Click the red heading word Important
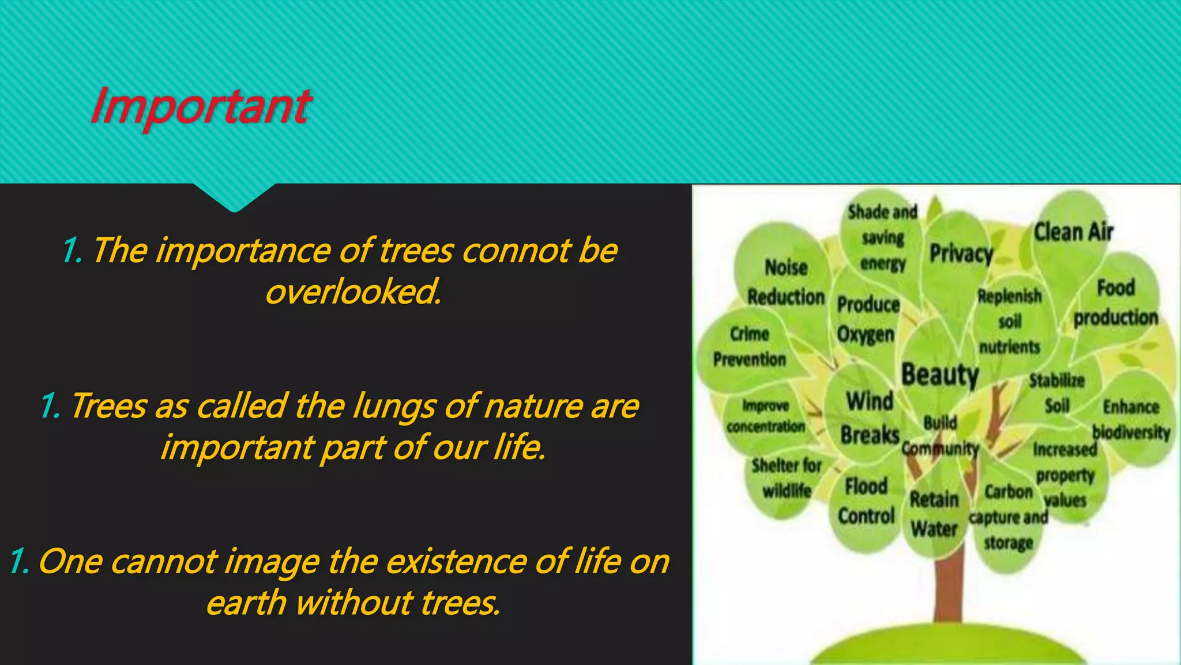(201, 106)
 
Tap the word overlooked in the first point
(353, 292)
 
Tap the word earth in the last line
(246, 603)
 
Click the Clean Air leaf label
(1073, 232)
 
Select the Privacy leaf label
(961, 253)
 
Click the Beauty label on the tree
(940, 374)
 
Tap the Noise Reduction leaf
(785, 282)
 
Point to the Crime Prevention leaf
(749, 346)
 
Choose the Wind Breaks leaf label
(870, 417)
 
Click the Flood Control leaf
(866, 500)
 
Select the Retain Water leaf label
(934, 514)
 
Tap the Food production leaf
(1115, 302)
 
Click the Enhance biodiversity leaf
(1131, 419)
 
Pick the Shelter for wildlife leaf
(787, 478)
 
